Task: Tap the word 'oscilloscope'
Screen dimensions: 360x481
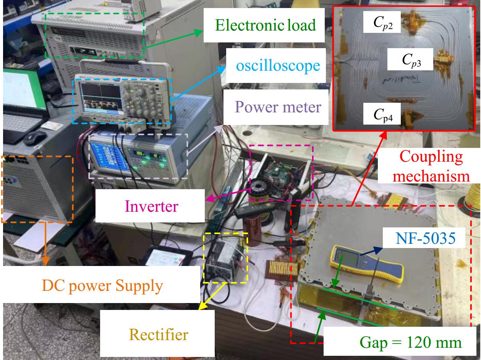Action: [278, 65]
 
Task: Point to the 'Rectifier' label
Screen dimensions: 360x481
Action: [159, 334]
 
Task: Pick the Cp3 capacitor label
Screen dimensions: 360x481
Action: [411, 60]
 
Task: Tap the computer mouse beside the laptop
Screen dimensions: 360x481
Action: [34, 138]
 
